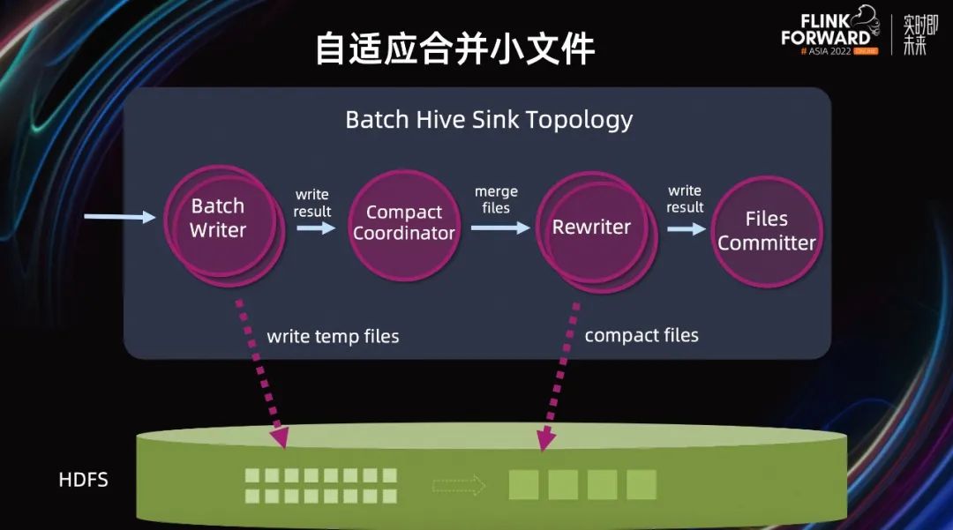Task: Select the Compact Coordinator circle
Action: [x=403, y=224]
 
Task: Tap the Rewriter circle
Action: [x=591, y=227]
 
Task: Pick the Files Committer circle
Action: [x=766, y=231]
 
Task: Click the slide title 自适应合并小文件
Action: [x=455, y=49]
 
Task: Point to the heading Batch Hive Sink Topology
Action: [x=489, y=119]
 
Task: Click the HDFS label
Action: [x=83, y=481]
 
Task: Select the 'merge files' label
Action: [x=496, y=200]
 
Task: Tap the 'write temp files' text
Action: [x=333, y=336]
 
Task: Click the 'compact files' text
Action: [x=642, y=335]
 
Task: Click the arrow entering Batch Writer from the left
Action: [x=119, y=216]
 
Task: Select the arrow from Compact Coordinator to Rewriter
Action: [x=499, y=228]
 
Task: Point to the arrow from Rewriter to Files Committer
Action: [x=686, y=228]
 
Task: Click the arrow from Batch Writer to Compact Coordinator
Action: [x=316, y=228]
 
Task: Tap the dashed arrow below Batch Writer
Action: [x=259, y=370]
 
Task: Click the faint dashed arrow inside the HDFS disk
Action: [x=459, y=484]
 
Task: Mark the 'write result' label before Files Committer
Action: [x=685, y=198]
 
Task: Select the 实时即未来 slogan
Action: [x=915, y=35]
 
